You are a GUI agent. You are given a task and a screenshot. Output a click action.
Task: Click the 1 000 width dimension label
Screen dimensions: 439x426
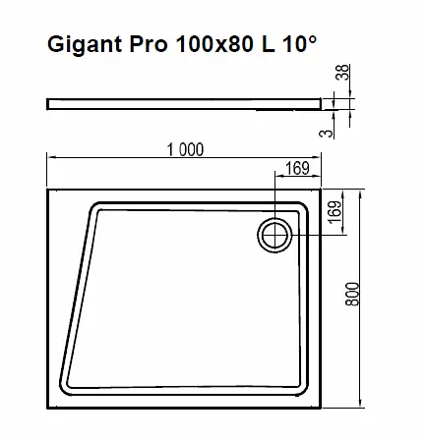(184, 150)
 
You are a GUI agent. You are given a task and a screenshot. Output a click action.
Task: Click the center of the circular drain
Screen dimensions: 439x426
(274, 235)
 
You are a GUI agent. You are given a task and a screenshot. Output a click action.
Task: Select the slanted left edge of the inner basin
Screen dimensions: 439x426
(77, 295)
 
